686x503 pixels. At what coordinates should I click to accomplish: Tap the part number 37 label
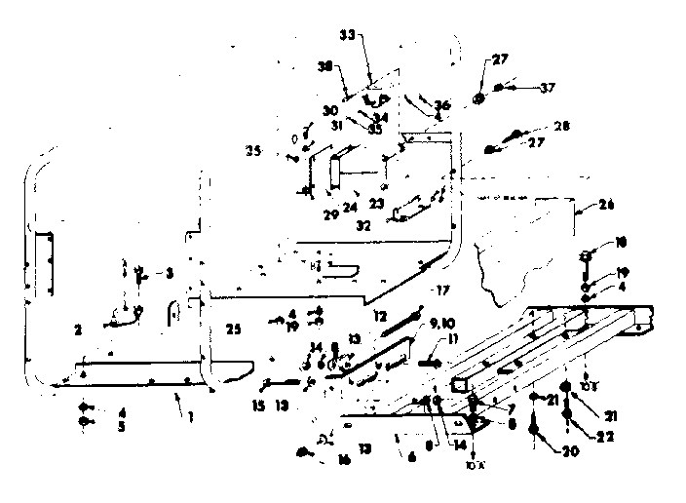tap(548, 88)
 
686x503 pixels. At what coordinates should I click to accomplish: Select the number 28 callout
tap(560, 127)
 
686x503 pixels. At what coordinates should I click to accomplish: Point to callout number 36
tap(442, 105)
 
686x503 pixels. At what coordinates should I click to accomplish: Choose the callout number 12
tap(379, 317)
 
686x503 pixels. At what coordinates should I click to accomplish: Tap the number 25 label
tap(232, 328)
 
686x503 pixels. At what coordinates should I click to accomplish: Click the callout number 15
tap(257, 405)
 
